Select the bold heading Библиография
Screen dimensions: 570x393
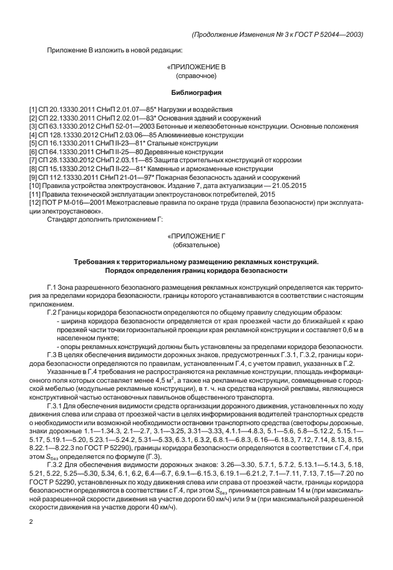pos(196,93)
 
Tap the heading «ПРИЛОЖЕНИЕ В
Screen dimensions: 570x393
pos(196,66)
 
